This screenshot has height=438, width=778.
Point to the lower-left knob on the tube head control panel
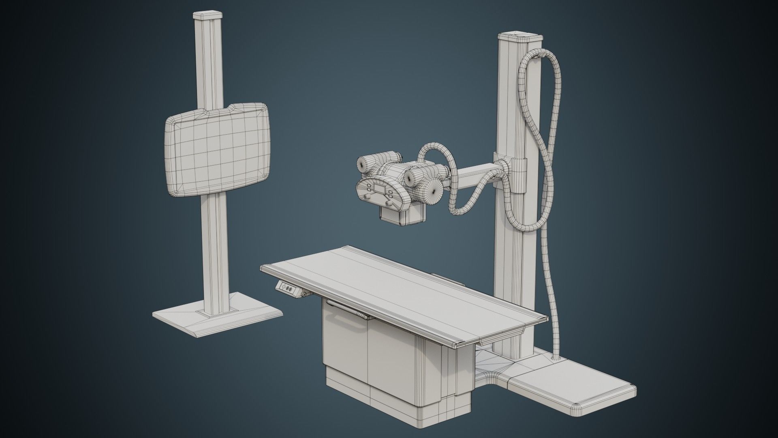click(x=366, y=198)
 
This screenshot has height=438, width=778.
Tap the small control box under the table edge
click(x=289, y=289)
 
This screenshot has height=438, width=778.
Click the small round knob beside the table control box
click(x=303, y=294)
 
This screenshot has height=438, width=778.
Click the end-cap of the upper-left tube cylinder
click(x=361, y=164)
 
